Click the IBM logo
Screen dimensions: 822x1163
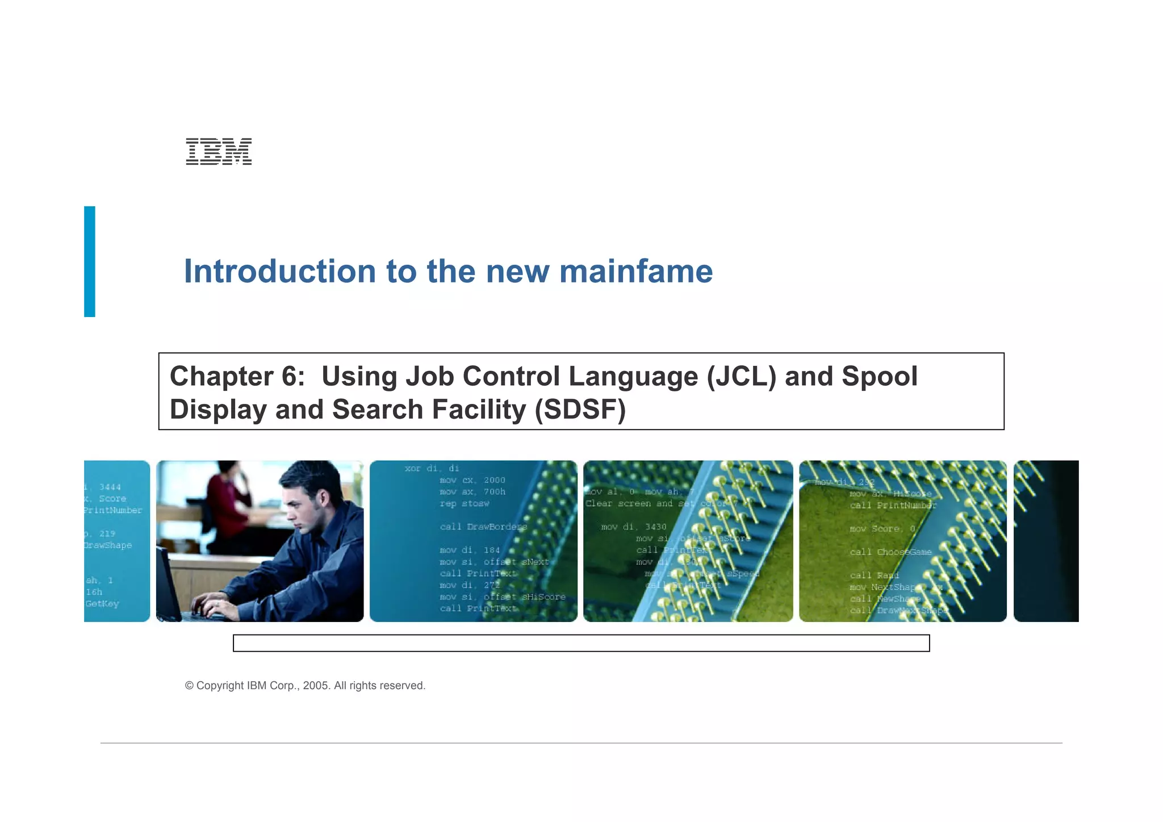coord(219,151)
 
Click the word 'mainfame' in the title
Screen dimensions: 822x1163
coord(635,272)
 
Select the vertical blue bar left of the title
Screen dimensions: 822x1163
coord(90,261)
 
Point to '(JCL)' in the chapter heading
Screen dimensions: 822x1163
coord(741,377)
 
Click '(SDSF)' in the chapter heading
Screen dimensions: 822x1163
coord(580,410)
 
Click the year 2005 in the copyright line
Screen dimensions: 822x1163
coord(315,686)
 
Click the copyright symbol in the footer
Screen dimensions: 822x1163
coord(189,686)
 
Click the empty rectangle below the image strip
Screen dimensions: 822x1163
coord(581,643)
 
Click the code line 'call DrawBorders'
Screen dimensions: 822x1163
coord(483,527)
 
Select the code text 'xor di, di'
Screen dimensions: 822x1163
coord(432,468)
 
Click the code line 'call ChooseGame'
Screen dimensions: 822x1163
coord(890,552)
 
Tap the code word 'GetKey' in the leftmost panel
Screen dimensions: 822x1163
coord(102,603)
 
